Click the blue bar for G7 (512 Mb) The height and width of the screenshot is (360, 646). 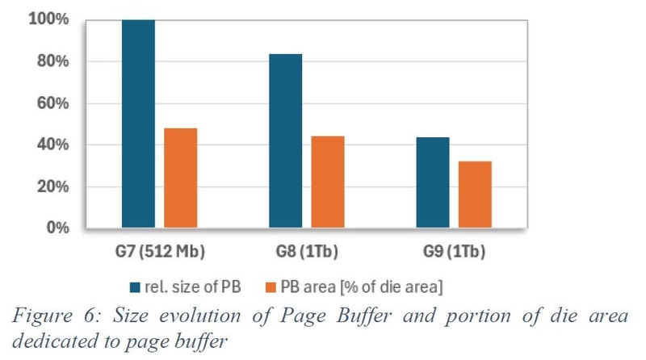(x=138, y=123)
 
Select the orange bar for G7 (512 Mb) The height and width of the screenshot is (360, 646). (x=180, y=178)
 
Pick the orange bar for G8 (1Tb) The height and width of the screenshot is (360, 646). (x=327, y=182)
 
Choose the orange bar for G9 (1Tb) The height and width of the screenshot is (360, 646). (x=475, y=195)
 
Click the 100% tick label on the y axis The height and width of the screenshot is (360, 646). (x=48, y=19)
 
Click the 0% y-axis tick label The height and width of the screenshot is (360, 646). (x=56, y=228)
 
